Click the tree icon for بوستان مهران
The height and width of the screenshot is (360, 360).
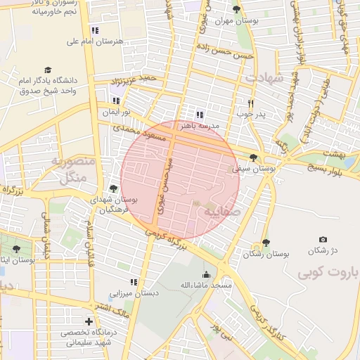pyautogui.click(x=236, y=10)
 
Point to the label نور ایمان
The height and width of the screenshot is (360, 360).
pyautogui.click(x=117, y=112)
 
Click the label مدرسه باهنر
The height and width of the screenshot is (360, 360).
pyautogui.click(x=200, y=125)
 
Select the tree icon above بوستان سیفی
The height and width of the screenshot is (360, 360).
pyautogui.click(x=253, y=157)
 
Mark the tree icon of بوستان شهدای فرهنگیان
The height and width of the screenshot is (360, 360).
pyautogui.click(x=113, y=188)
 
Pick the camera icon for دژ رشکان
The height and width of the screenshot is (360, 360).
pyautogui.click(x=323, y=240)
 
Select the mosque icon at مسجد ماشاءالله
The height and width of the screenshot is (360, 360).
pyautogui.click(x=206, y=274)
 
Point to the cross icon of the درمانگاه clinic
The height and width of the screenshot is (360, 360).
pyautogui.click(x=88, y=322)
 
